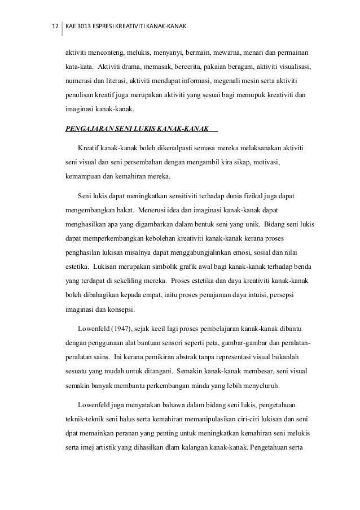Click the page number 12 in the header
tap(55, 27)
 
